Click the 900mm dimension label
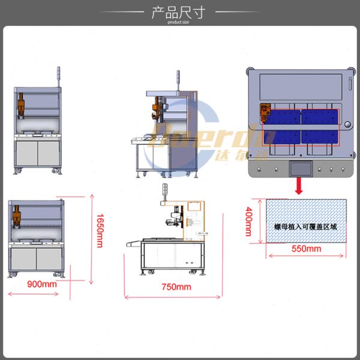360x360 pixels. click(x=41, y=284)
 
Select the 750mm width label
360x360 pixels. click(x=176, y=287)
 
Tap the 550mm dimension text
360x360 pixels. click(x=305, y=248)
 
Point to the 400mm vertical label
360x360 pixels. click(x=248, y=221)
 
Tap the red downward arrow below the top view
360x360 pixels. click(x=298, y=187)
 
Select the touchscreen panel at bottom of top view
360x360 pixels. click(x=298, y=168)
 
